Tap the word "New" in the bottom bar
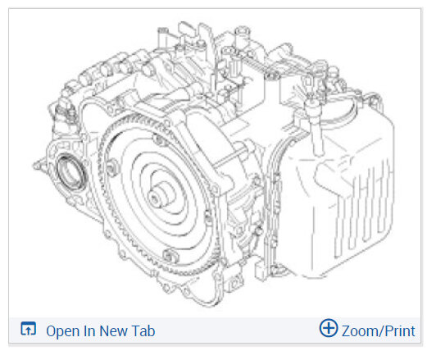click(113, 331)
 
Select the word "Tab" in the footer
click(143, 331)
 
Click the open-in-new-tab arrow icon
click(29, 329)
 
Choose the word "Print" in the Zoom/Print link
click(400, 331)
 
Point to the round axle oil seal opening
click(70, 173)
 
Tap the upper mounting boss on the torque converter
click(159, 139)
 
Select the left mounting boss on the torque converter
click(112, 167)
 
